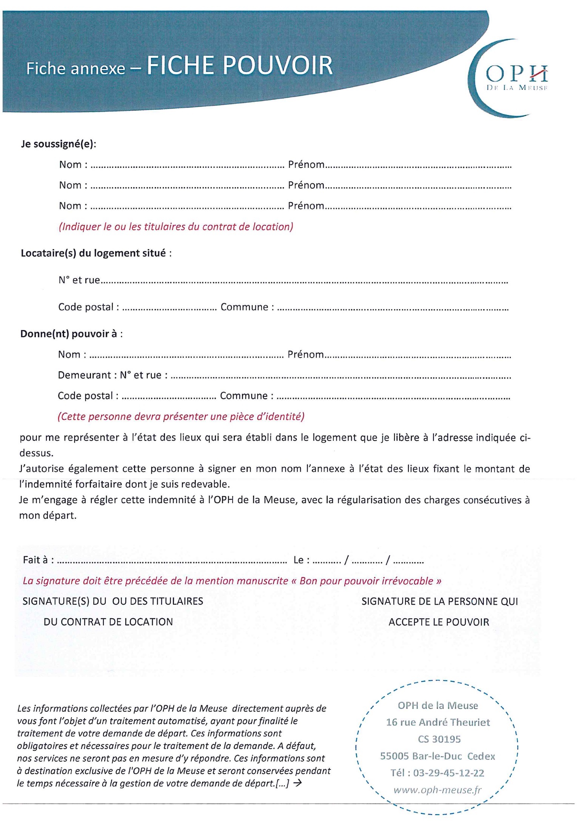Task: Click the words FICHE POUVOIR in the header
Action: coord(239,66)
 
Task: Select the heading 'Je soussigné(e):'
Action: coord(59,144)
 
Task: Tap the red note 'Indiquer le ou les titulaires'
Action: coord(176,227)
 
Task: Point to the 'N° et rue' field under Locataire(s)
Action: coord(79,280)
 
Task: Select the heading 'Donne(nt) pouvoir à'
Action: coord(71,334)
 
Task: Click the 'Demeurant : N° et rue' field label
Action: coord(112,375)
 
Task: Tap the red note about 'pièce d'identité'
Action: coord(181,416)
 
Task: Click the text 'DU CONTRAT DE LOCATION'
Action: coord(108,622)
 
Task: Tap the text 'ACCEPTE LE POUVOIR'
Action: coord(439,622)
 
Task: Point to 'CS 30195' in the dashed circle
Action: coord(439,739)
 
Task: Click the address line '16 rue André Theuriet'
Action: coord(438,722)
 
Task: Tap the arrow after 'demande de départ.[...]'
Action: coord(297,783)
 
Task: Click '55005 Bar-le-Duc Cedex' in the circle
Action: coord(438,756)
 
